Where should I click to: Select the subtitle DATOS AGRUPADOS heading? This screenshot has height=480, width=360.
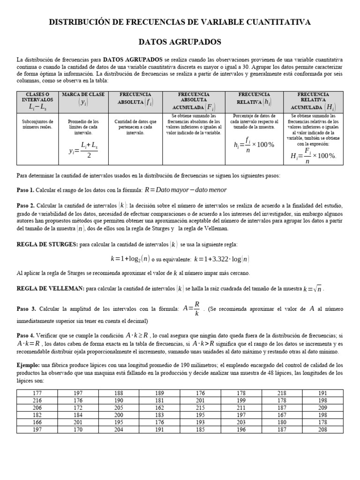[x=180, y=42]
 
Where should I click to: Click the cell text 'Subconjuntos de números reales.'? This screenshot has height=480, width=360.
[x=37, y=124]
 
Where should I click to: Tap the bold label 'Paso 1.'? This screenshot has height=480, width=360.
[x=25, y=190]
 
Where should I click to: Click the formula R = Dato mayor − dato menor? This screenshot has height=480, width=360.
[x=186, y=190]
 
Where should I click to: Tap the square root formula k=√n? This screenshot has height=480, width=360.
[x=313, y=289]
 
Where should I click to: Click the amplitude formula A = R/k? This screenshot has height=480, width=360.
[x=192, y=309]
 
